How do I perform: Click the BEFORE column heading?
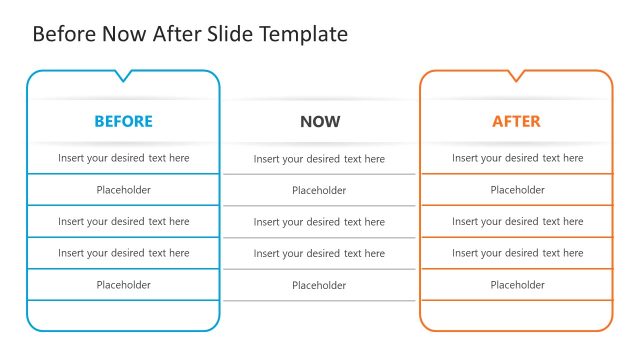pyautogui.click(x=123, y=121)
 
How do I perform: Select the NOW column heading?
pyautogui.click(x=320, y=122)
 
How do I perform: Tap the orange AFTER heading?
pyautogui.click(x=516, y=121)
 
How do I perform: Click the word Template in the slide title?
pyautogui.click(x=303, y=34)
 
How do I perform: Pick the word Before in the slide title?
pyautogui.click(x=64, y=34)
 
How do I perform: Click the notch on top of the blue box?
pyautogui.click(x=123, y=75)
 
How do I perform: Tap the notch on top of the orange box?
pyautogui.click(x=517, y=75)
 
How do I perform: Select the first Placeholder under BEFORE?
pyautogui.click(x=123, y=190)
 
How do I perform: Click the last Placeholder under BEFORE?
pyautogui.click(x=123, y=285)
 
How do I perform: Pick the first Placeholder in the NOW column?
pyautogui.click(x=319, y=190)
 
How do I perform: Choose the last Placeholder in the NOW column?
pyautogui.click(x=319, y=286)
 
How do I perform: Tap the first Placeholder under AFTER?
pyautogui.click(x=517, y=190)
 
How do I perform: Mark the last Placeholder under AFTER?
pyautogui.click(x=517, y=285)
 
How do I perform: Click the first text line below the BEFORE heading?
pyautogui.click(x=123, y=158)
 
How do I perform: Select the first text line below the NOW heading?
pyautogui.click(x=319, y=159)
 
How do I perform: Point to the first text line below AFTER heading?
pyautogui.click(x=517, y=158)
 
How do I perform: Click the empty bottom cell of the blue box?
pyautogui.click(x=123, y=314)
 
